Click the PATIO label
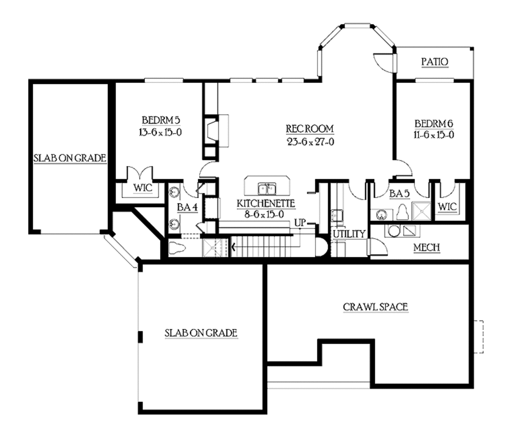click(x=435, y=62)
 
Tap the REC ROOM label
click(x=310, y=129)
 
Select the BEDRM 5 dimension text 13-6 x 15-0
click(x=160, y=132)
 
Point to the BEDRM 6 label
click(x=434, y=124)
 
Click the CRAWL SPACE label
click(x=375, y=307)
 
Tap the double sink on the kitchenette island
click(x=267, y=189)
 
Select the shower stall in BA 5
click(x=421, y=211)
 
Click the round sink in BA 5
click(x=382, y=214)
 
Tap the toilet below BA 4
click(x=177, y=248)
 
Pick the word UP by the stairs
click(x=300, y=223)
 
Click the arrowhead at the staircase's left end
click(x=233, y=248)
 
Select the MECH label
click(x=427, y=248)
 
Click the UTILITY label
click(x=349, y=234)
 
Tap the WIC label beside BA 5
click(x=447, y=207)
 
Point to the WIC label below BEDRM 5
click(x=143, y=188)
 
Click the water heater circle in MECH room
click(x=394, y=231)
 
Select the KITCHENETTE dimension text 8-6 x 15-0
click(x=264, y=214)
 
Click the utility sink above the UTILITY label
click(x=337, y=215)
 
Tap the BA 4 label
click(x=187, y=208)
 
